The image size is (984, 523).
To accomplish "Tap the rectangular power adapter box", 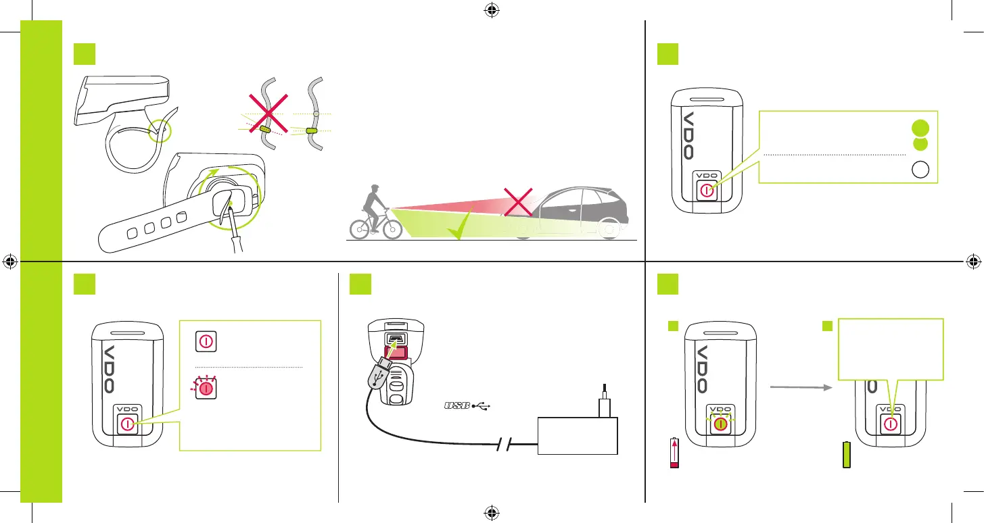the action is click(x=578, y=437).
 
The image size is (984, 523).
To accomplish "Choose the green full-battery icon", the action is click(x=847, y=455).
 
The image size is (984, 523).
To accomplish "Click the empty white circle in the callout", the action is click(x=919, y=171).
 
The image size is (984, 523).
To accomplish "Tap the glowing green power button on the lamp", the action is click(x=721, y=424).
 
